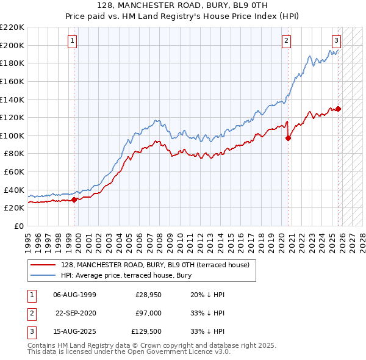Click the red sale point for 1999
pos(74,199)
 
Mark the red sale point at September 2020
pos(289,138)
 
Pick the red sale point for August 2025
pos(339,109)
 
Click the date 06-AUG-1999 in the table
pos(74,295)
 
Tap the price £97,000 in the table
pos(149,312)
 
